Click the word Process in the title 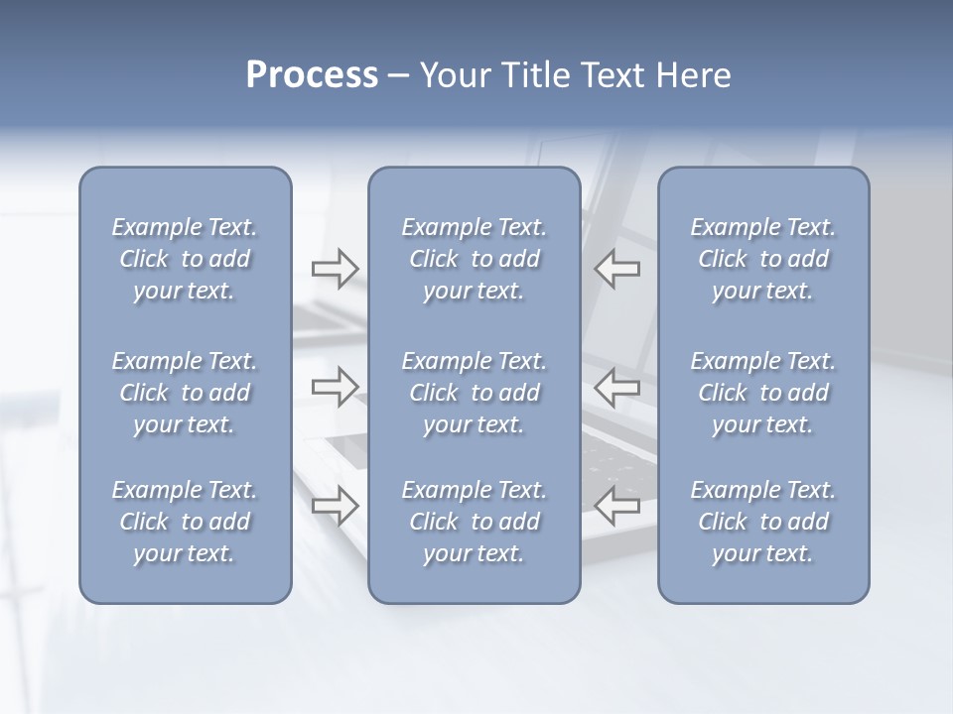312,75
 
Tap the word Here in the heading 692,75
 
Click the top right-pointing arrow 335,269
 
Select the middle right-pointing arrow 335,386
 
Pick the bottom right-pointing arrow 335,506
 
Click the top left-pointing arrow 617,269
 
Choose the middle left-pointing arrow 617,386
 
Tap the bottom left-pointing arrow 617,506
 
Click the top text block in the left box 185,259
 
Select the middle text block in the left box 185,393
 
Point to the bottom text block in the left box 185,522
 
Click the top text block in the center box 475,259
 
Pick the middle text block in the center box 475,393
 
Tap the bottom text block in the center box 475,522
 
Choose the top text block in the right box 763,259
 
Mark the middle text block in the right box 763,393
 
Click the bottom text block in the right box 763,522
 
